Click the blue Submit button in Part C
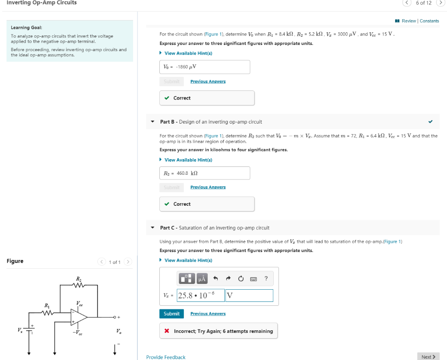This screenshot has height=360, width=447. pyautogui.click(x=172, y=314)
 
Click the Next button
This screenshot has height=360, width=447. pyautogui.click(x=428, y=357)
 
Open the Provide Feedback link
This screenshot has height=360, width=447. pyautogui.click(x=166, y=357)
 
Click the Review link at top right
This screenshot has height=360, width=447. pyautogui.click(x=409, y=21)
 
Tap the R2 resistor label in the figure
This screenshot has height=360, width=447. pyautogui.click(x=79, y=279)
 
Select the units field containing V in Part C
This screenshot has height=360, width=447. pyautogui.click(x=249, y=295)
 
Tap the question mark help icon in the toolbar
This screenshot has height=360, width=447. pyautogui.click(x=266, y=278)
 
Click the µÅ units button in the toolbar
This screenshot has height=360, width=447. pyautogui.click(x=202, y=278)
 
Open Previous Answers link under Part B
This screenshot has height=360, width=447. pyautogui.click(x=208, y=187)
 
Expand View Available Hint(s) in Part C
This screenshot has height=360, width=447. pyautogui.click(x=188, y=260)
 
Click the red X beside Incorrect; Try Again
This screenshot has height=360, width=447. pyautogui.click(x=167, y=331)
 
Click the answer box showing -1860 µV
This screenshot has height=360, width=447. pyautogui.click(x=205, y=67)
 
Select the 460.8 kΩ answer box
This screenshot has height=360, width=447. pyautogui.click(x=205, y=173)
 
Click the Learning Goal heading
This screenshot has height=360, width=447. pyautogui.click(x=26, y=28)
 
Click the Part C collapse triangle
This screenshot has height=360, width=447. pyautogui.click(x=152, y=228)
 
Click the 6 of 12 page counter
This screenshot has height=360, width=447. pyautogui.click(x=423, y=3)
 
